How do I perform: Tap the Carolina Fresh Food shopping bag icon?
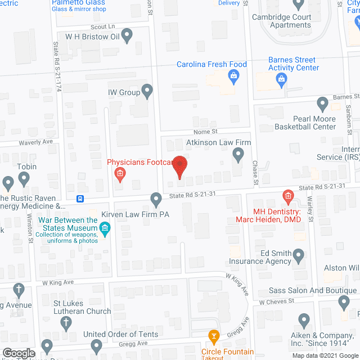[x=232, y=76]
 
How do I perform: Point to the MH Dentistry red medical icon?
[x=287, y=196]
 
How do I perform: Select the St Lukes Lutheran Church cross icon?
[x=66, y=323]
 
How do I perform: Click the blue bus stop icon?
[x=81, y=199]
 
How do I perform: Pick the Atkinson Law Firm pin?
[x=238, y=154]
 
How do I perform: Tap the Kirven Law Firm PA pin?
[x=156, y=199]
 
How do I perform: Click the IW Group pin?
[x=147, y=91]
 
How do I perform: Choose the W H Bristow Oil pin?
[x=127, y=37]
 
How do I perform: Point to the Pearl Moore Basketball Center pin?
[x=322, y=103]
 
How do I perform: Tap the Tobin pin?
[x=24, y=179]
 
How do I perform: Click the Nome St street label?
[x=206, y=131]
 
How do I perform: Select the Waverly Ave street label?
[x=36, y=142]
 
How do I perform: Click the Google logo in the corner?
[x=19, y=353]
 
